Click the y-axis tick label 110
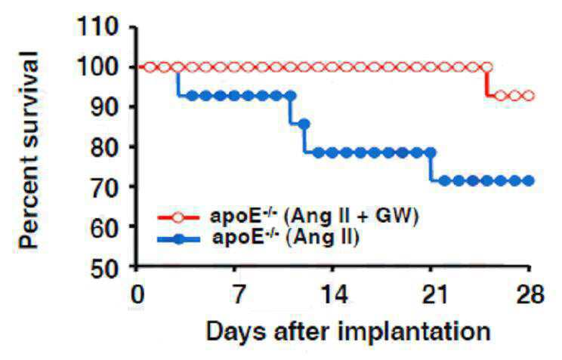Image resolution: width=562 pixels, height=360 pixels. point(97,26)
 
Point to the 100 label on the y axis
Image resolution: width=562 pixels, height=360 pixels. point(97,66)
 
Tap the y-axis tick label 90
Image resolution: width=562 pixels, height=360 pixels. point(104,106)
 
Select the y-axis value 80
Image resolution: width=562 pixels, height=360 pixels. point(104,146)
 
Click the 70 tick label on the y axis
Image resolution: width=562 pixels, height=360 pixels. point(104,186)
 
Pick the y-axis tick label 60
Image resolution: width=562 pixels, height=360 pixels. point(104,226)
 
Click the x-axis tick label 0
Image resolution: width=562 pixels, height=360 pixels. point(137,294)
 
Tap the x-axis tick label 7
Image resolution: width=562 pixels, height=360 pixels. point(236,294)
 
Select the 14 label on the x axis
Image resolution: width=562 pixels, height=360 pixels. point(334,294)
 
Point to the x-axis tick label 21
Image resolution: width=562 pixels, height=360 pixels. point(434,294)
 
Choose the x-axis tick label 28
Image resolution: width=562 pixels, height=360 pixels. point(530,294)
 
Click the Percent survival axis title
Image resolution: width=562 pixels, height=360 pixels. point(28,150)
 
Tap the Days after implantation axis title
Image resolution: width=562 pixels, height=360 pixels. point(348,331)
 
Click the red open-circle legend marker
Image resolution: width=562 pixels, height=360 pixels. point(178,217)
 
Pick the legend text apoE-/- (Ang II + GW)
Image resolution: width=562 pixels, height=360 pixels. point(314,216)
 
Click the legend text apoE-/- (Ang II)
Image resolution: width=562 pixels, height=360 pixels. point(286,238)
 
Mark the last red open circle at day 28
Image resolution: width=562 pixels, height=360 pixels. point(528,96)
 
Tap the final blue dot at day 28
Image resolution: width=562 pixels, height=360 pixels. point(528,181)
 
